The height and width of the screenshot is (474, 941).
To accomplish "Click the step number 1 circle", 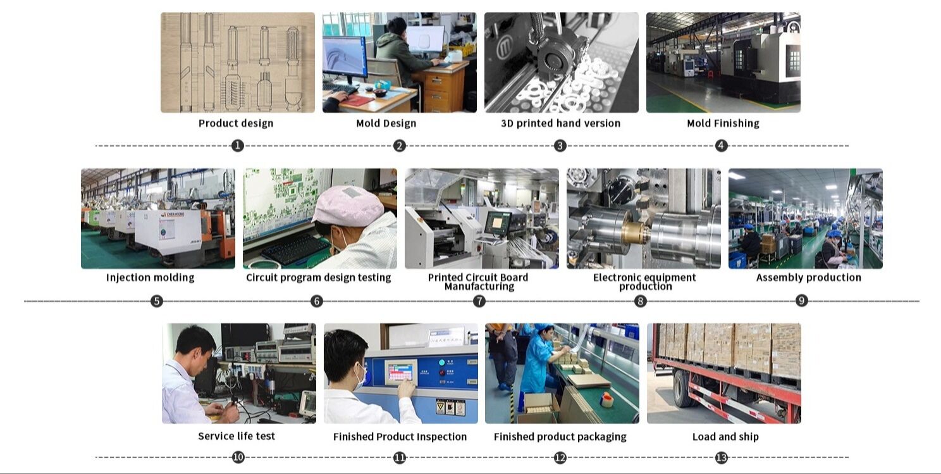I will coord(237,146).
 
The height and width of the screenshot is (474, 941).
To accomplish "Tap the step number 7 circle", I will coord(479,301).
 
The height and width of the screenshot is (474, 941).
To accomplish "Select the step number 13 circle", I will coord(722,457).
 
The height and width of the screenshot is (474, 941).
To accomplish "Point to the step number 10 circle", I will coord(238,457).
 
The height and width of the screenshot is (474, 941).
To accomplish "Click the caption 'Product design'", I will coord(236,123).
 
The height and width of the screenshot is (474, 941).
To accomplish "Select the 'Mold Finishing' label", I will coord(723,123).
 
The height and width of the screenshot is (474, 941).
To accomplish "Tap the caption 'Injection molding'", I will coord(150,278).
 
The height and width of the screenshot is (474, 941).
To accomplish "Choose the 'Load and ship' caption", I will coord(725,437).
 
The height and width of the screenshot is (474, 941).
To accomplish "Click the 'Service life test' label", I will coord(237,436).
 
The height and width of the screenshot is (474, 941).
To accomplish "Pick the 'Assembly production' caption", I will coord(808,278).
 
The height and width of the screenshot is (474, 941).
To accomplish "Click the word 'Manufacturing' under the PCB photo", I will coord(479,287).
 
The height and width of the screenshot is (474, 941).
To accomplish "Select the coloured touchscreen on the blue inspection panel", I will coord(399,372).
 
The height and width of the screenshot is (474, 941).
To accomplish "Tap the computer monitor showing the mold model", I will coord(344,57).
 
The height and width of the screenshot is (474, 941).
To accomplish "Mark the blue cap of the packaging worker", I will coord(543,329).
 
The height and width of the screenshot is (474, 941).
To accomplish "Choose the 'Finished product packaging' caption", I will coord(560,437).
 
